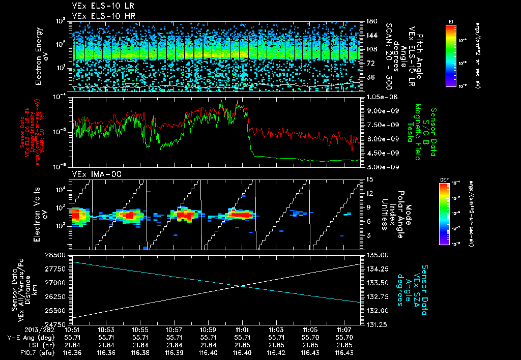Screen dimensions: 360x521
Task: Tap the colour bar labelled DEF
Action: click(451, 214)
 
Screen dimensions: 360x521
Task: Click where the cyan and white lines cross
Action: click(239, 286)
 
